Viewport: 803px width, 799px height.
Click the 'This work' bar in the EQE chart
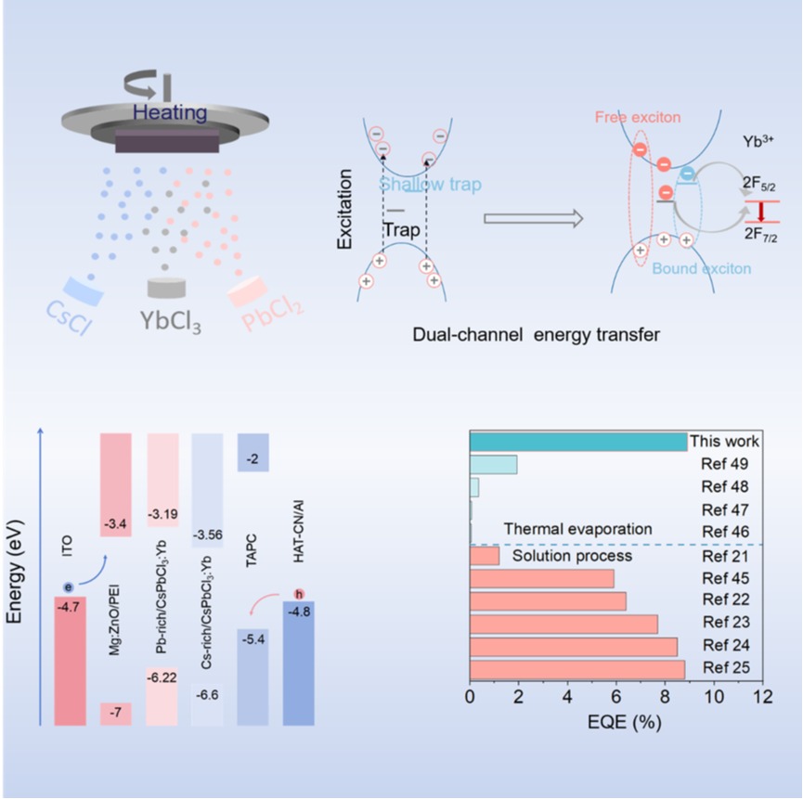tap(578, 442)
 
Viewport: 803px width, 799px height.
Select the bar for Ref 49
tap(494, 465)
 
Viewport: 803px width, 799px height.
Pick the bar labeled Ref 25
tap(577, 669)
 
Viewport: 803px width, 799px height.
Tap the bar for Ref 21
tap(485, 556)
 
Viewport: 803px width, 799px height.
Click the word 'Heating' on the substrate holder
tap(169, 112)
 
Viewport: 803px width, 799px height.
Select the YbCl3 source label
tap(171, 323)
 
